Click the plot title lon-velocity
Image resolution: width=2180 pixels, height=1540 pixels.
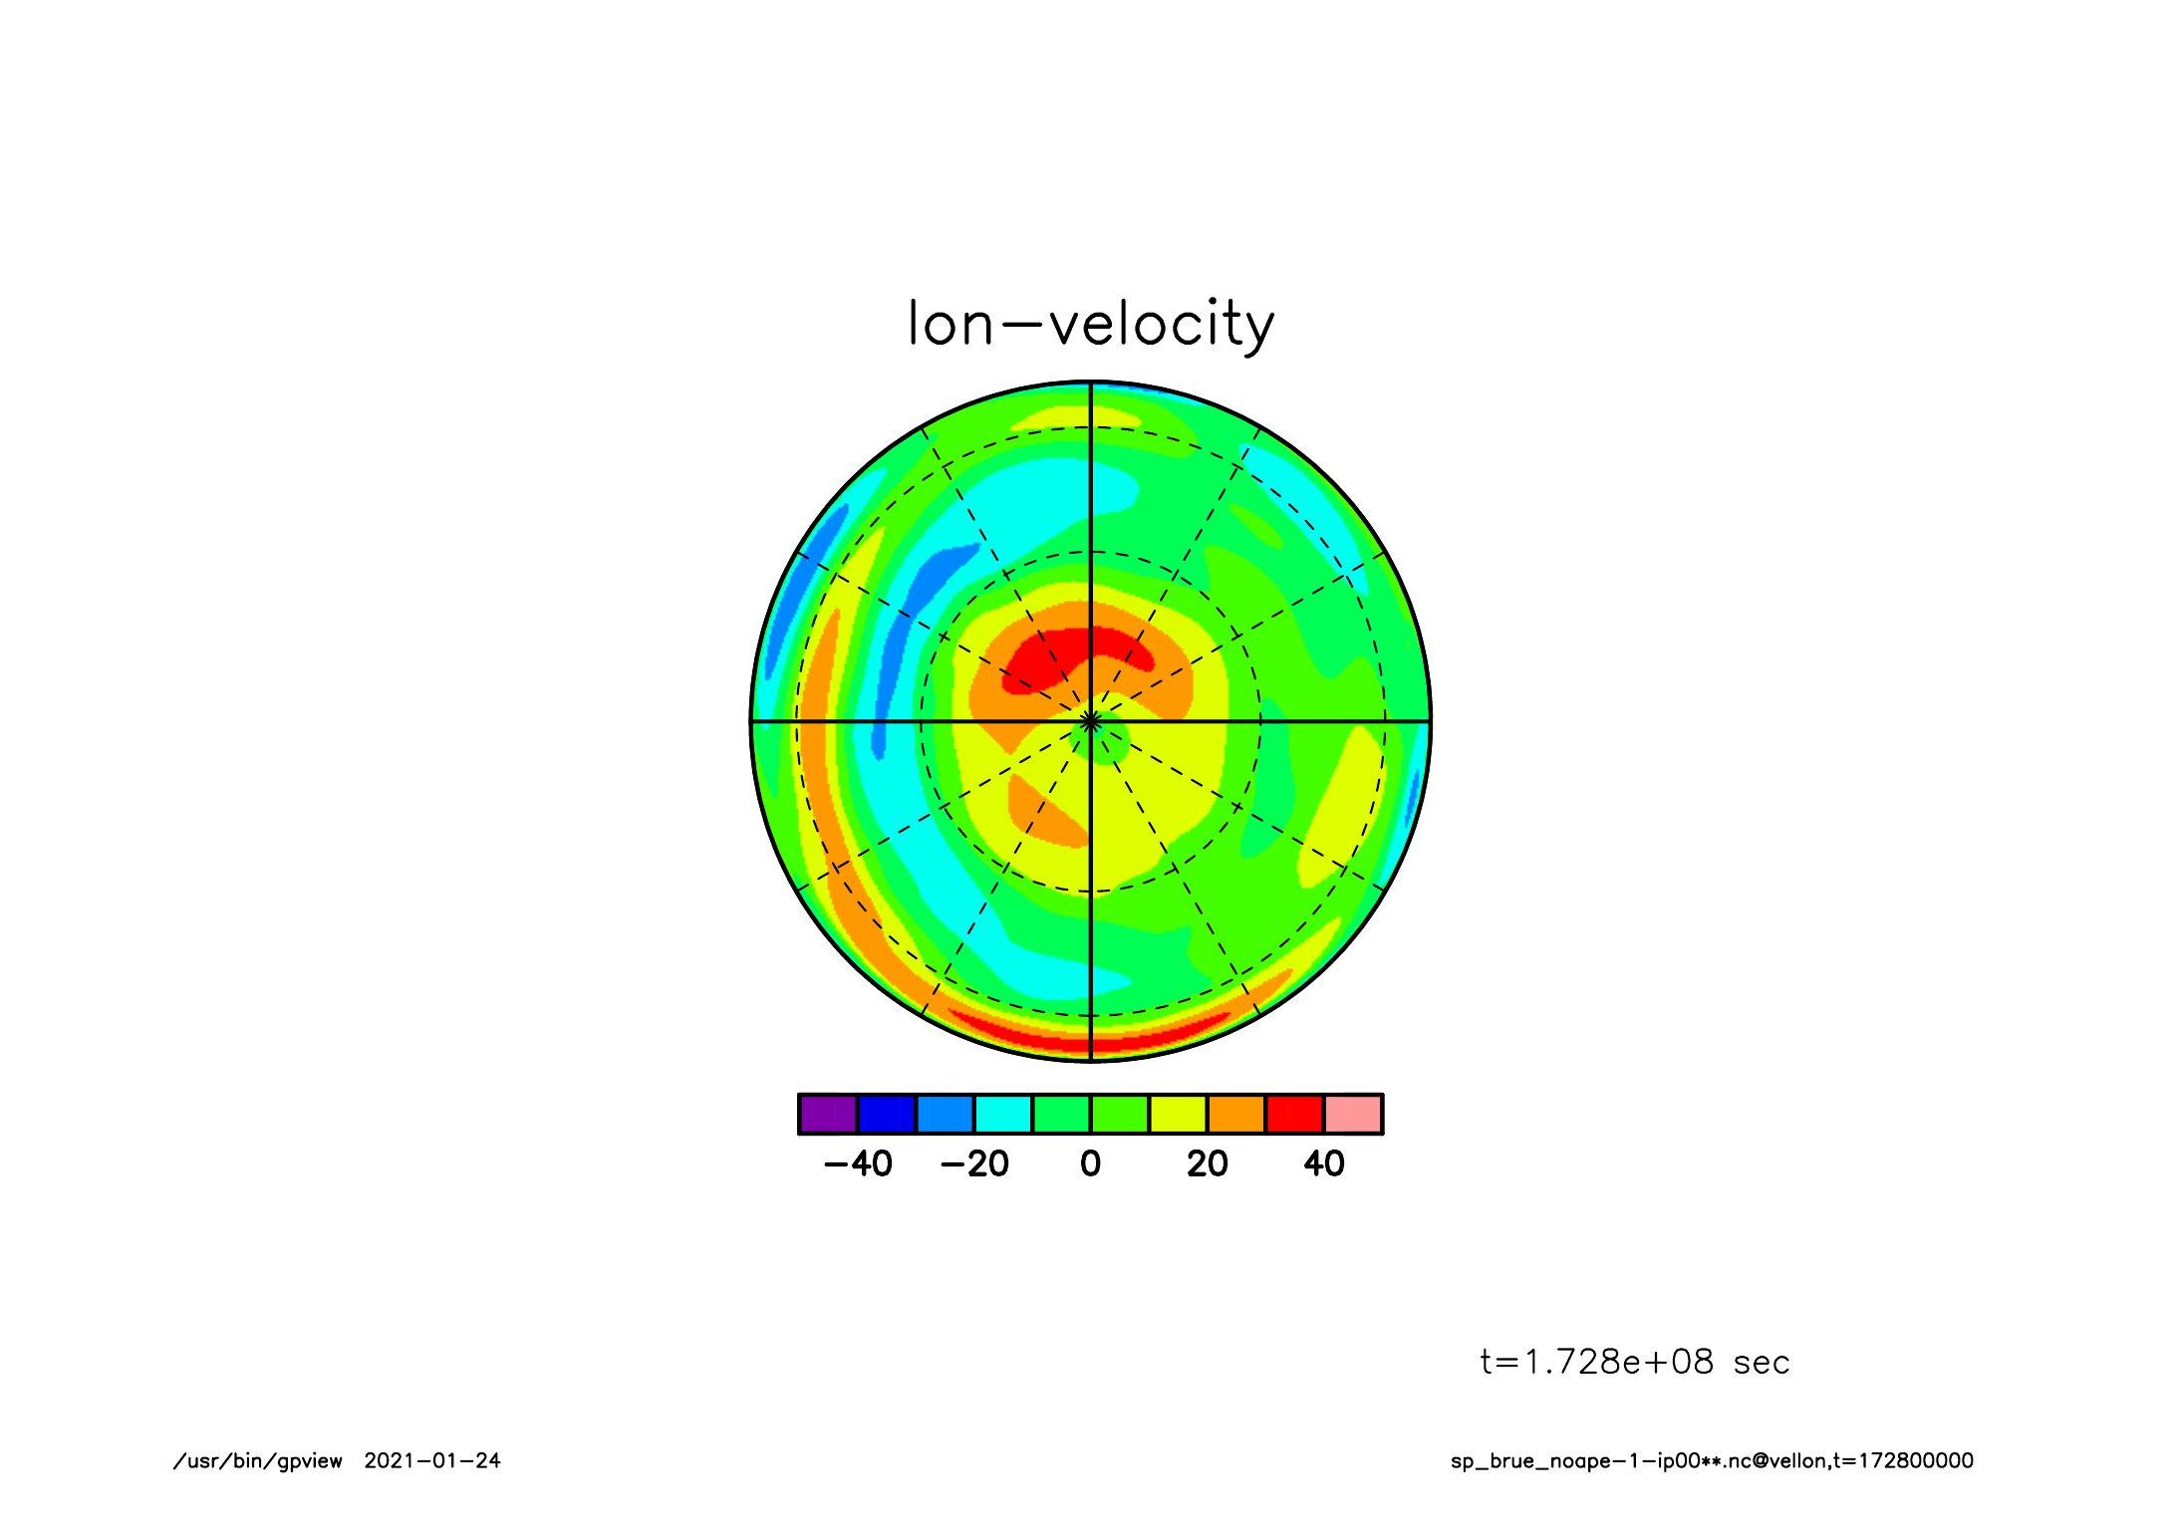1090,325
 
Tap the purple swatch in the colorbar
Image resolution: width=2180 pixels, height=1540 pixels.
828,1114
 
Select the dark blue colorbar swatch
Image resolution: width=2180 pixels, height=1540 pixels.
886,1114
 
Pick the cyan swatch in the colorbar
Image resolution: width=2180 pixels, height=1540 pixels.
1002,1114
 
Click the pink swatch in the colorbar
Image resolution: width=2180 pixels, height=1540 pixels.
1352,1114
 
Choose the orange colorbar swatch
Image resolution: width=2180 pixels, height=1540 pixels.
1235,1114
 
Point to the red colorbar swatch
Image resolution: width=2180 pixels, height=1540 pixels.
1294,1114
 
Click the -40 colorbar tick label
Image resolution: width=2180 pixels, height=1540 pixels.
858,1163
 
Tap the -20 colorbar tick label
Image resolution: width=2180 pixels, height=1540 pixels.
974,1163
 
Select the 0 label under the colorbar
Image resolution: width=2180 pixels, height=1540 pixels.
1090,1163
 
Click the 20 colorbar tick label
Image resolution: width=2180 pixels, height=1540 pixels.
1207,1163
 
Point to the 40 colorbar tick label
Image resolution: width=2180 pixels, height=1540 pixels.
1323,1163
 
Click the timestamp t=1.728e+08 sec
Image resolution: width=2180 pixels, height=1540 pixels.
1634,1362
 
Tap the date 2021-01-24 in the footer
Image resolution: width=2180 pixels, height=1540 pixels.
431,1460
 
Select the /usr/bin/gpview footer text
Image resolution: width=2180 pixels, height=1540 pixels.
257,1461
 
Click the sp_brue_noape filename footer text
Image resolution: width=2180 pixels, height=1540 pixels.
1711,1461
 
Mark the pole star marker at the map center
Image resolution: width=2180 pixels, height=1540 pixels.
1090,720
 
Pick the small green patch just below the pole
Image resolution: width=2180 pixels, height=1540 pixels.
1106,743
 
